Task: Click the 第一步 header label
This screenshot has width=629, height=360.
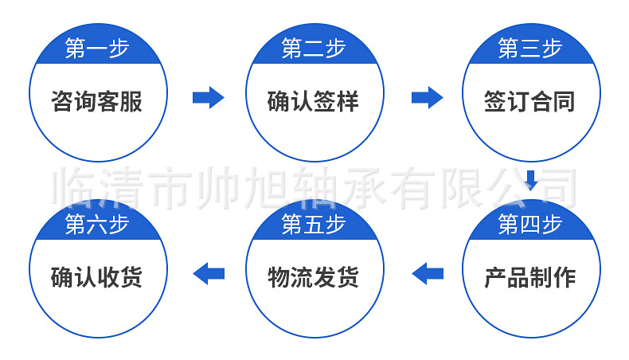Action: [x=97, y=49]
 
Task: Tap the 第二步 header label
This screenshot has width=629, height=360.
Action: [x=314, y=49]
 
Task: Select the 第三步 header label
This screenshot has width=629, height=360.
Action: [x=530, y=49]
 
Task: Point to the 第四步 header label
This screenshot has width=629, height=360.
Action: [x=530, y=225]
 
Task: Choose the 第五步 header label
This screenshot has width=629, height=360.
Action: [x=314, y=225]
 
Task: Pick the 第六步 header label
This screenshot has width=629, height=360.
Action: [x=97, y=225]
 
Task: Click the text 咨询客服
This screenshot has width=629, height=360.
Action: [x=97, y=101]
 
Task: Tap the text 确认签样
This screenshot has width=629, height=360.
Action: [x=314, y=101]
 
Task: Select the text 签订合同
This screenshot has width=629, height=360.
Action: [x=530, y=101]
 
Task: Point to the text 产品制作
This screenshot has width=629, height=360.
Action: [x=530, y=277]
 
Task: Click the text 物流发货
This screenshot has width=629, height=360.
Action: [x=314, y=277]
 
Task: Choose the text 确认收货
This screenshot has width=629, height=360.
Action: [x=97, y=277]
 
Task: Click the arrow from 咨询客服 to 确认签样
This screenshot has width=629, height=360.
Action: [x=208, y=98]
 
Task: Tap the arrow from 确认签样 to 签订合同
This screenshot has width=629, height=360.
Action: [x=427, y=98]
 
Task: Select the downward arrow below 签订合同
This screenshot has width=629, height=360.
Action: [x=531, y=178]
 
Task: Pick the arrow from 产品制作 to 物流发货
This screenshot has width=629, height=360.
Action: [x=427, y=273]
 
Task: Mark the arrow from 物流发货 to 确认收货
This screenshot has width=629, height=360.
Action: [x=209, y=273]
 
